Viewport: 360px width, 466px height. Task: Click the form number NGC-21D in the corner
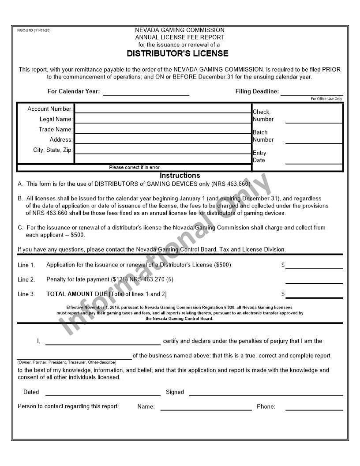click(x=34, y=30)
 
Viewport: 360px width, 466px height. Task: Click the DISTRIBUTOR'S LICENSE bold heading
click(x=177, y=54)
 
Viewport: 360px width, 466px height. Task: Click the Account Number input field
click(x=163, y=109)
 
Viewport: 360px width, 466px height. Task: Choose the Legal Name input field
click(x=163, y=119)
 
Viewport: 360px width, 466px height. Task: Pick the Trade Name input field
click(x=163, y=129)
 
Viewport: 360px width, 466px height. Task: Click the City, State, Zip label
click(x=52, y=150)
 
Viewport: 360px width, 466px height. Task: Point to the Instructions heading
click(x=180, y=175)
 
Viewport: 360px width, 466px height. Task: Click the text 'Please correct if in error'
click(x=134, y=168)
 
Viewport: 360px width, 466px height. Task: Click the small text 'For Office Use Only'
click(x=326, y=99)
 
